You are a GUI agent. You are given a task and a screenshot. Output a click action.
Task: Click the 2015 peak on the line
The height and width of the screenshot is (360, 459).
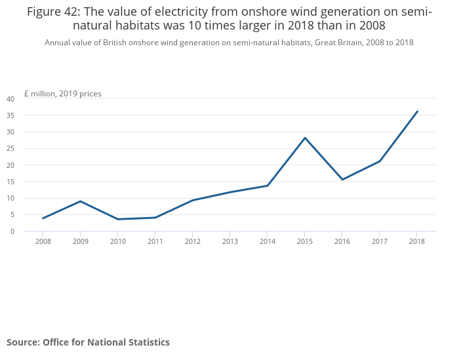[305, 138]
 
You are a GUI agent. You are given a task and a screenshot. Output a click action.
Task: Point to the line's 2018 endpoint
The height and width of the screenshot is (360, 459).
[417, 111]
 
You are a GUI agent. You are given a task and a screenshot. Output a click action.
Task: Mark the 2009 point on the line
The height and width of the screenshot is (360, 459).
[80, 201]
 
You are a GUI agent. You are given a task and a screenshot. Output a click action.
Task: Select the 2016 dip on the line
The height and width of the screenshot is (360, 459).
[342, 180]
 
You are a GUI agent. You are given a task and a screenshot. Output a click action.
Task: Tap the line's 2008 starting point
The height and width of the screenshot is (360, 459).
[43, 218]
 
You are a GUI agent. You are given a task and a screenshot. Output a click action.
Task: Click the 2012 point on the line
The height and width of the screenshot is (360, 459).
[192, 200]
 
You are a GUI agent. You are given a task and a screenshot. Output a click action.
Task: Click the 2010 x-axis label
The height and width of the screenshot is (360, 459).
[117, 241]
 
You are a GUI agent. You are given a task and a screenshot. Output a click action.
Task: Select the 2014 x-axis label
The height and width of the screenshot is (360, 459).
[268, 241]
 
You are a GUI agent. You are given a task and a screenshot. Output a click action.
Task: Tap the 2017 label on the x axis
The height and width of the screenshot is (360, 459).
[380, 241]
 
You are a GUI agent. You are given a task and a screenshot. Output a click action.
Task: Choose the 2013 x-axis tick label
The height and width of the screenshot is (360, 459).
[229, 241]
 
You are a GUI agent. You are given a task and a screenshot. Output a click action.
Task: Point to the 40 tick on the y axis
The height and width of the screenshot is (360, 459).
[10, 99]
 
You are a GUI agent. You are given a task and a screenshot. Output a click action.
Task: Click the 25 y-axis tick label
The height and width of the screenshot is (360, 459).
[10, 149]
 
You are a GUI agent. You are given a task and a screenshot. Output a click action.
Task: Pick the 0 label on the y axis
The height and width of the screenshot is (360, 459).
[12, 231]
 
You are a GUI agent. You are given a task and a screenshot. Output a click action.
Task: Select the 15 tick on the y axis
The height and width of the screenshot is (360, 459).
[10, 182]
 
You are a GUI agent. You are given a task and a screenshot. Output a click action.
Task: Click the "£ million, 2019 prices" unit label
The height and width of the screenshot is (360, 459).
[63, 94]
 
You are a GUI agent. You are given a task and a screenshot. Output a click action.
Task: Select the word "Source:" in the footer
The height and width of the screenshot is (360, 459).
[23, 342]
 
